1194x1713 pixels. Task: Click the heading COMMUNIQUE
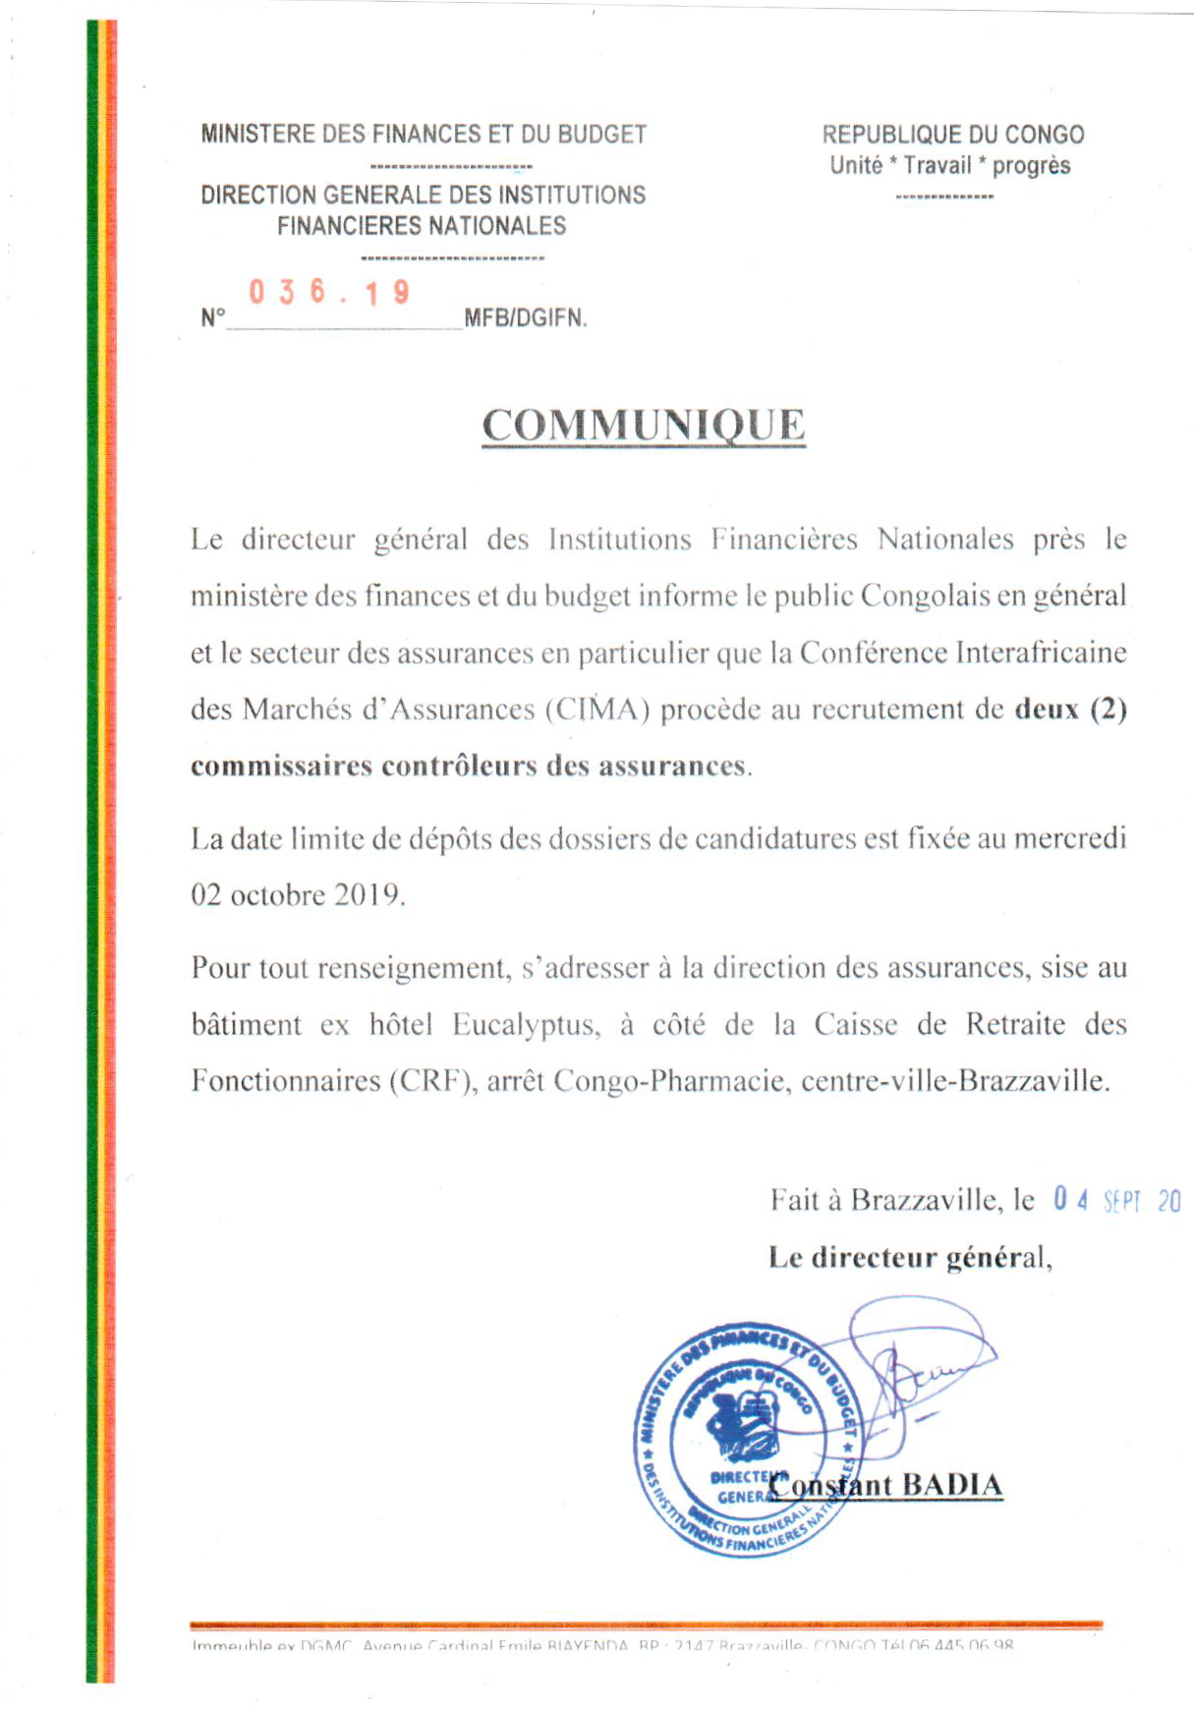pyautogui.click(x=643, y=426)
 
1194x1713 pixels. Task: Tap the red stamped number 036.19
pyautogui.click(x=329, y=292)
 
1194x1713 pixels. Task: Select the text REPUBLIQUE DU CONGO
pyautogui.click(x=952, y=135)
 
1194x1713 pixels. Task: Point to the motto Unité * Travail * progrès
pyautogui.click(x=949, y=165)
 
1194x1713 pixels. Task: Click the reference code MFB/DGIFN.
pyautogui.click(x=525, y=318)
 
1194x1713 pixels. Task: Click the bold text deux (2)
pyautogui.click(x=1070, y=709)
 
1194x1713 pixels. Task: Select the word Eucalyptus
pyautogui.click(x=525, y=1025)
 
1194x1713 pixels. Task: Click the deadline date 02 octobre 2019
pyautogui.click(x=297, y=895)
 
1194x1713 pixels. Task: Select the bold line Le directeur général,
pyautogui.click(x=910, y=1258)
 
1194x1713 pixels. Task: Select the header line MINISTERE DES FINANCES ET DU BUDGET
pyautogui.click(x=424, y=135)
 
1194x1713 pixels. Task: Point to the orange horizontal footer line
pyautogui.click(x=646, y=1626)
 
